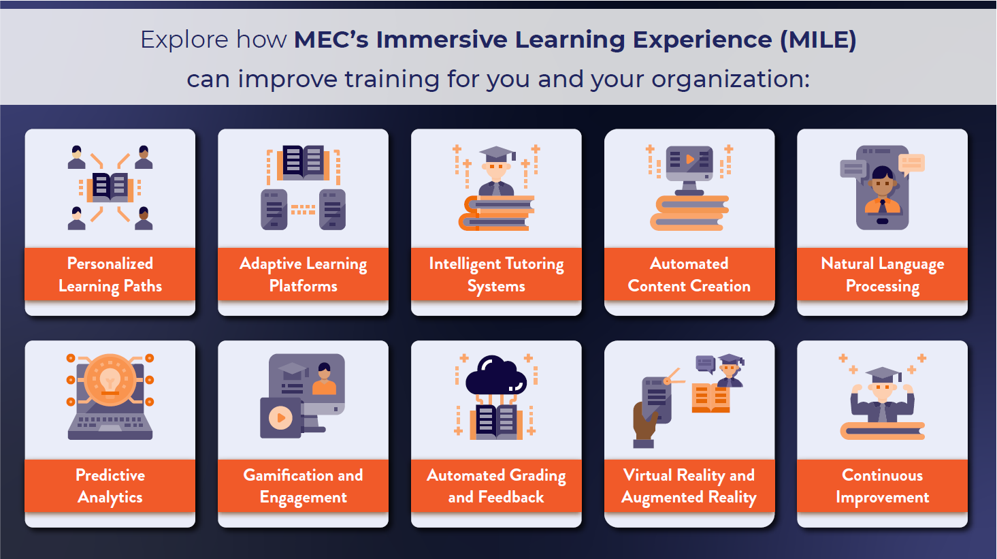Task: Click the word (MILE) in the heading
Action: [818, 40]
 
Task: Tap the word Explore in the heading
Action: [184, 40]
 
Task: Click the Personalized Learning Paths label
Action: [110, 275]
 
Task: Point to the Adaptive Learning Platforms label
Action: [303, 275]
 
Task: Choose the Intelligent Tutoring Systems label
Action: [496, 275]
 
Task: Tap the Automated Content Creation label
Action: [689, 275]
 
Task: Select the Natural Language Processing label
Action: [882, 275]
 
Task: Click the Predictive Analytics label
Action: [110, 486]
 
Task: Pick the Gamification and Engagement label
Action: [303, 486]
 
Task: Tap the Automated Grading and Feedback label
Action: [496, 486]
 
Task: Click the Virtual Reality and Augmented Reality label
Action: [689, 486]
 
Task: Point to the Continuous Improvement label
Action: [882, 486]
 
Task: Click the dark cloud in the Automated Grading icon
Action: [496, 375]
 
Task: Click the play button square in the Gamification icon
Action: [281, 418]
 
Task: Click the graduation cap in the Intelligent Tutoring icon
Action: [497, 155]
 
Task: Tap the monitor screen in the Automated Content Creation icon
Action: [689, 161]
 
